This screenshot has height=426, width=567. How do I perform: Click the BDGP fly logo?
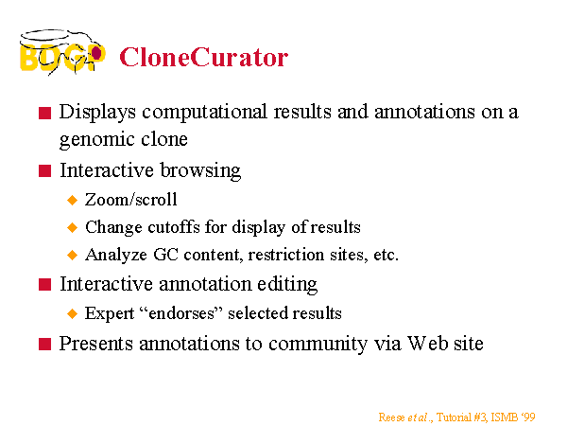62,52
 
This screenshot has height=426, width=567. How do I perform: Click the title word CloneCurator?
203,57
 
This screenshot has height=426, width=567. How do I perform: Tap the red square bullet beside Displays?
44,113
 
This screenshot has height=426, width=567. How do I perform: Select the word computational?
204,113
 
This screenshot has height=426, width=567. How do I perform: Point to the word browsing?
200,170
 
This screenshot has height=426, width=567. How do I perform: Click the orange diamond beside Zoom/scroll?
73,200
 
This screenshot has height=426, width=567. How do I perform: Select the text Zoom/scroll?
131,200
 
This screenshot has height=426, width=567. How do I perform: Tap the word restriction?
286,255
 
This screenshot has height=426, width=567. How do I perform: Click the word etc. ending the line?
386,255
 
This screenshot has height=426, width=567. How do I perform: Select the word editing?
287,285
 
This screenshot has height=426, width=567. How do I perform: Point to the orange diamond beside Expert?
73,313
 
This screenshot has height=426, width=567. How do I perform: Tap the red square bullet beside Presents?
44,344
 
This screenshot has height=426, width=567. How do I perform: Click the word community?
318,345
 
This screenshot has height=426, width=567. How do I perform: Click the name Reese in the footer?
391,417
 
